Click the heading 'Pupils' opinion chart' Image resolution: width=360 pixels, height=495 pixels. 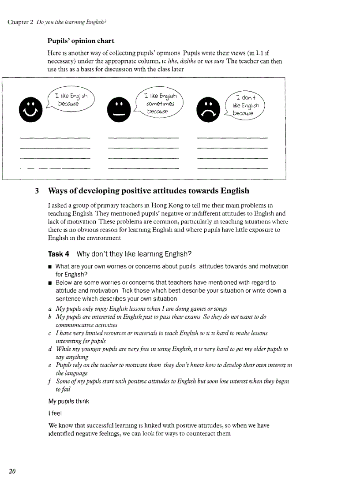click(x=81, y=41)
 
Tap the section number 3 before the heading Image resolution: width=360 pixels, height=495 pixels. click(x=37, y=191)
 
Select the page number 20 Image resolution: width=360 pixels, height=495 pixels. click(x=12, y=471)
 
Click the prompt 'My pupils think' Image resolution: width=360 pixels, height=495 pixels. click(x=68, y=402)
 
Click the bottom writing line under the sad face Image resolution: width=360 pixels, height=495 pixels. click(x=232, y=168)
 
